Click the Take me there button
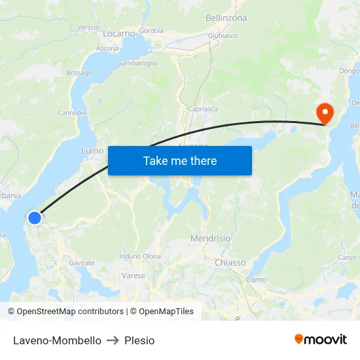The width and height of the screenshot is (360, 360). tap(180, 160)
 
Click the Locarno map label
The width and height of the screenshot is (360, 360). tap(119, 33)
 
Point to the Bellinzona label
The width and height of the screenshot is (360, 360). tap(226, 18)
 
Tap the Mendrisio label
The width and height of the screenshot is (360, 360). tap(210, 238)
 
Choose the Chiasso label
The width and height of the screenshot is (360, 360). tap(230, 262)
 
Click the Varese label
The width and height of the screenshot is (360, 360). tap(134, 276)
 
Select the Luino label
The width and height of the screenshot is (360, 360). tap(92, 151)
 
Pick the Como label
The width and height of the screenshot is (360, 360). tap(255, 279)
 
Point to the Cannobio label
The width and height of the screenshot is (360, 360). tap(72, 113)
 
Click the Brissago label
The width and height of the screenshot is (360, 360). tap(79, 73)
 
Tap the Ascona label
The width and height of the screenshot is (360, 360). tap(107, 48)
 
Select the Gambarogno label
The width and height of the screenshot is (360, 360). tap(137, 63)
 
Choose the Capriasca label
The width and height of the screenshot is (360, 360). tap(202, 109)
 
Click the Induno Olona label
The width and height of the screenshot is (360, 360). tap(140, 256)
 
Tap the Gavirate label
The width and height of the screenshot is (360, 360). tap(82, 262)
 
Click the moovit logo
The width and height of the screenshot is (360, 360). tap(321, 339)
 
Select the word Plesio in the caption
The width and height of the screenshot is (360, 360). tap(139, 340)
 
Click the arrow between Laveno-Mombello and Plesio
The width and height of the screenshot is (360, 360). tap(113, 340)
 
